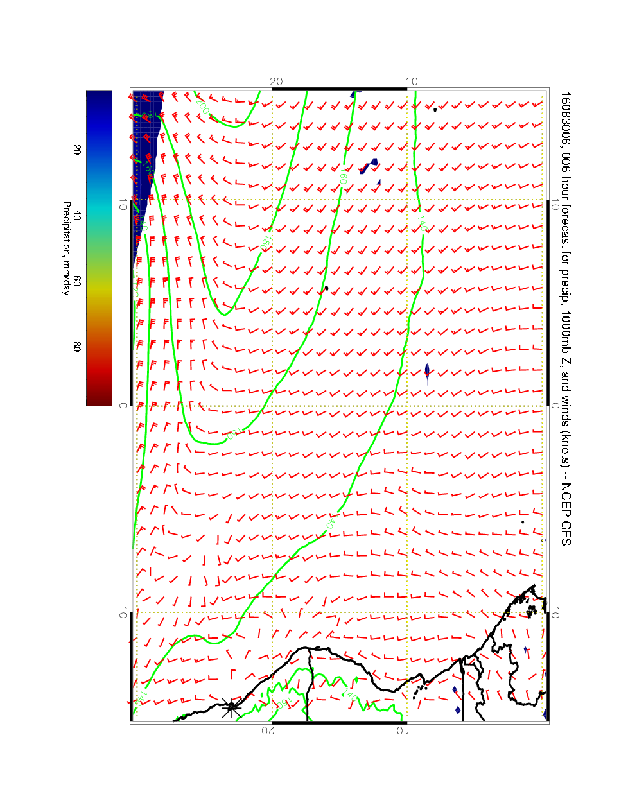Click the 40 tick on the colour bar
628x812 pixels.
coord(77,216)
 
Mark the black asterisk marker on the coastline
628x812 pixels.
coord(231,708)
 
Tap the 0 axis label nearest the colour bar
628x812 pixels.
coord(123,406)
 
